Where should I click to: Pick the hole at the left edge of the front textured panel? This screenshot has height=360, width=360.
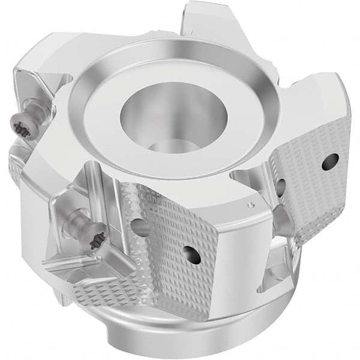point(139,226)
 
